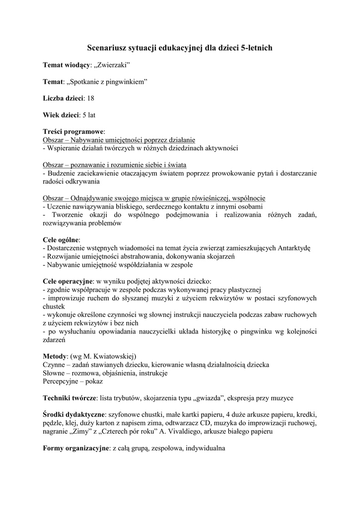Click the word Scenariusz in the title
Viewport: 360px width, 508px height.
pos(108,48)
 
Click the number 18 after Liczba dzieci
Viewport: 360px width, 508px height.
pos(91,98)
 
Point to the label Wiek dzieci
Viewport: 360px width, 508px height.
pos(61,115)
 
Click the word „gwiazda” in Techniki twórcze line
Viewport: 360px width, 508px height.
pos(221,398)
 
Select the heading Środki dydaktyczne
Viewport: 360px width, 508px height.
pos(74,414)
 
